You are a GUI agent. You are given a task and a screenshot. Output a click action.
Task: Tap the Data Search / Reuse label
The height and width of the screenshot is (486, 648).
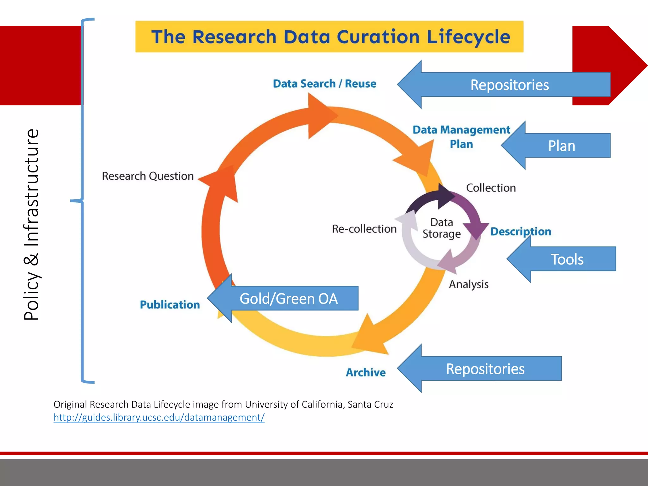pos(324,84)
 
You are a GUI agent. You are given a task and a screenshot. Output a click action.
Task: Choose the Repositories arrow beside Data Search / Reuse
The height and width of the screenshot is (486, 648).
pos(509,85)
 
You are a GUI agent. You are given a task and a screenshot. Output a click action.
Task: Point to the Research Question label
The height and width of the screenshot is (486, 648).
pos(148,176)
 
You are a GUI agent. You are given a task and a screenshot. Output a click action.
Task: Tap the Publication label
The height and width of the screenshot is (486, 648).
pos(170,305)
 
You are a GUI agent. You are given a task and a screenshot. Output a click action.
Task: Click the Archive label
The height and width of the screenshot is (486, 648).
pos(366,372)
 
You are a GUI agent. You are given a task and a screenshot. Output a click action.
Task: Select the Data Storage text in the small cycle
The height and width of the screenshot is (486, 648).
pos(442,228)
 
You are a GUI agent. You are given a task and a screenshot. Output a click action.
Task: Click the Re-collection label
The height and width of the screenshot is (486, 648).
pos(364,229)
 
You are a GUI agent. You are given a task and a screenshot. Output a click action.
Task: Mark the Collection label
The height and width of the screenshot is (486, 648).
pos(491,188)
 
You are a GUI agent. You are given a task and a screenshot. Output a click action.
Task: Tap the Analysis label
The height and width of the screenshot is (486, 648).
pos(469,284)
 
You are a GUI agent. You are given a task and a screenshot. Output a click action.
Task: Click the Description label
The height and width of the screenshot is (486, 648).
pos(520,231)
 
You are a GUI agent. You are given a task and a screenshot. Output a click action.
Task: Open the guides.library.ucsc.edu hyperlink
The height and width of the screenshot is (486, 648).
pos(159,417)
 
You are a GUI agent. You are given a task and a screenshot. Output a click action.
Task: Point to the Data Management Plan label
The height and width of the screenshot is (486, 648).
pos(461,137)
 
